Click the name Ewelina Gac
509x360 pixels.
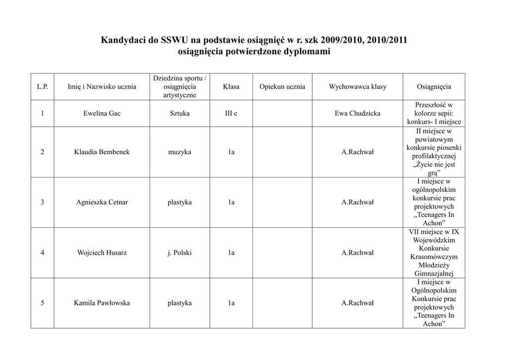click(102, 113)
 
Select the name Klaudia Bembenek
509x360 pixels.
click(102, 152)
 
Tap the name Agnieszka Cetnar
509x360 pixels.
click(102, 202)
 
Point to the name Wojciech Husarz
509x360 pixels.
click(102, 253)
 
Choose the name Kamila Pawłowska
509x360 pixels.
click(102, 303)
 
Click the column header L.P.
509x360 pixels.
click(42, 87)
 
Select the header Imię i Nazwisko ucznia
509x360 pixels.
click(102, 87)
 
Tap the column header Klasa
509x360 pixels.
click(231, 87)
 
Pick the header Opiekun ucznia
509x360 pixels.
click(282, 87)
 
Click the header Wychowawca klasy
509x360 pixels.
click(357, 87)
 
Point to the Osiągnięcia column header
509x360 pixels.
click(434, 87)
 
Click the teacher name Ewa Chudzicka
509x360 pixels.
click(357, 113)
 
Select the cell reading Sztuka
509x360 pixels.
click(179, 113)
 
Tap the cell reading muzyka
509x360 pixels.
click(179, 152)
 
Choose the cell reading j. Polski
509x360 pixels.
click(179, 253)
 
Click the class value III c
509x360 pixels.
click(231, 113)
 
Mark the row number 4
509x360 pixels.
click(42, 253)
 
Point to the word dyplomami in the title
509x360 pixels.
click(306, 52)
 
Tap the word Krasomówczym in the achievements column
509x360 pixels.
click(434, 257)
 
